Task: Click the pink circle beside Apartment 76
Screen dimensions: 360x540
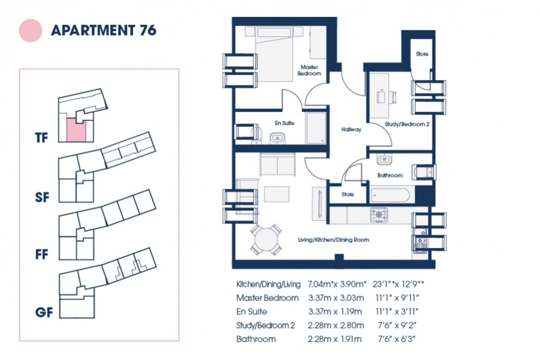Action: tap(30, 30)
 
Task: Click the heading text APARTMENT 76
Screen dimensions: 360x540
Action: tap(103, 30)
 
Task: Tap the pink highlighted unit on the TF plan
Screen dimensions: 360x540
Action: tap(75, 130)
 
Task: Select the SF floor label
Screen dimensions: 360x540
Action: tap(42, 198)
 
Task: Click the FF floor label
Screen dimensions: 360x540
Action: tap(42, 255)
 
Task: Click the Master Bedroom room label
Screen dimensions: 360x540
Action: tap(310, 70)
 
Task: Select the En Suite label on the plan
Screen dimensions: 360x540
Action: tap(284, 123)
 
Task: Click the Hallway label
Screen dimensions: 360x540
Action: tap(351, 129)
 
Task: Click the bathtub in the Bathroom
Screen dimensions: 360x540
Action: tap(390, 195)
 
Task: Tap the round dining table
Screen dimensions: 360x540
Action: tap(266, 240)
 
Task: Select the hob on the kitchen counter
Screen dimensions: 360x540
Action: tap(378, 214)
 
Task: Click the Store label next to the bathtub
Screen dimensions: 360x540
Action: tap(347, 195)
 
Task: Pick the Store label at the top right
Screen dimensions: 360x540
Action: tap(421, 54)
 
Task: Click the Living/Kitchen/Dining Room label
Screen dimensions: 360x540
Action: tap(333, 240)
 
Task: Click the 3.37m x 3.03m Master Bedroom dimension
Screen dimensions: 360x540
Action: tap(335, 298)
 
